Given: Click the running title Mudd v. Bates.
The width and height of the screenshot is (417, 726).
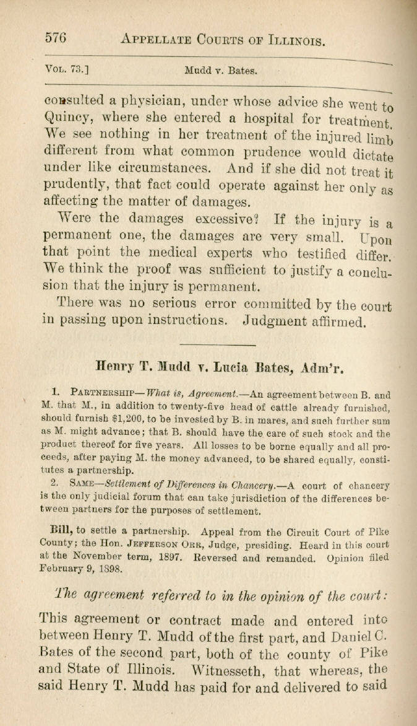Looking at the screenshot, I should pyautogui.click(x=220, y=71).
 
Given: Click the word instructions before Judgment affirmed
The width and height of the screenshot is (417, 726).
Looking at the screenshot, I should pyautogui.click(x=179, y=321).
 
